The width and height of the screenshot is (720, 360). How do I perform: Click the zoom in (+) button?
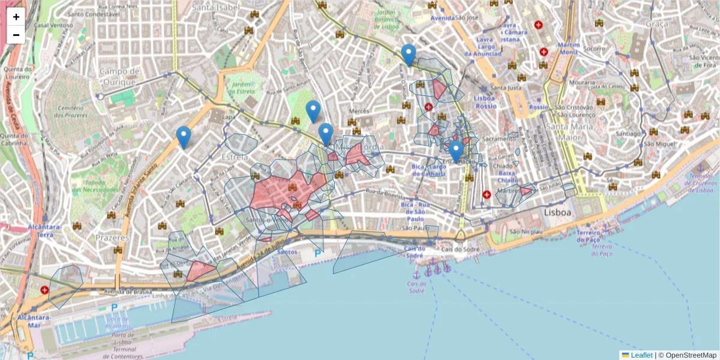[16, 17]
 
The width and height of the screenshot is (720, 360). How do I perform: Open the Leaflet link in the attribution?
[641, 355]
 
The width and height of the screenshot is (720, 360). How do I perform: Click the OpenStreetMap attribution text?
[691, 355]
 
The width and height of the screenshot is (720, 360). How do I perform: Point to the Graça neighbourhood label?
[657, 23]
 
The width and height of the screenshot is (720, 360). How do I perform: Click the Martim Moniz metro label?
[568, 49]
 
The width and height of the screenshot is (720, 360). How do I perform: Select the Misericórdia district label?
[361, 146]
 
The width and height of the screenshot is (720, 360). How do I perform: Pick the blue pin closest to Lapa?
[184, 137]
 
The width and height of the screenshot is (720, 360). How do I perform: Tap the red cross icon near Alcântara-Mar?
[44, 290]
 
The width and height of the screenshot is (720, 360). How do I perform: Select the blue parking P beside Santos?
[317, 253]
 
